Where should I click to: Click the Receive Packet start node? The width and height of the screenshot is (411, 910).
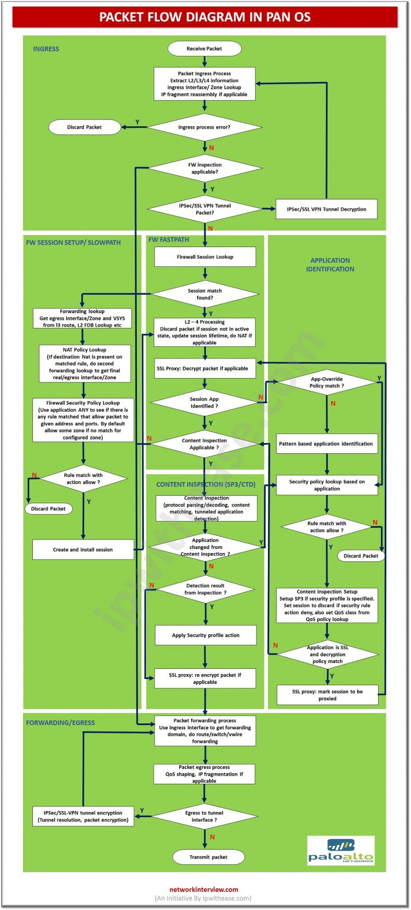pyautogui.click(x=204, y=48)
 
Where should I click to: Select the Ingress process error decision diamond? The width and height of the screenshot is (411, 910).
pyautogui.click(x=204, y=127)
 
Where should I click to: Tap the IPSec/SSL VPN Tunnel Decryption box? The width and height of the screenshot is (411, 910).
pyautogui.click(x=326, y=209)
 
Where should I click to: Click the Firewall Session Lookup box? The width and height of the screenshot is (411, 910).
pyautogui.click(x=205, y=257)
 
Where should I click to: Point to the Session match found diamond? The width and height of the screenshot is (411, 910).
pyautogui.click(x=205, y=294)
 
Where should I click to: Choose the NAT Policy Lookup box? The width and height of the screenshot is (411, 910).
pyautogui.click(x=84, y=363)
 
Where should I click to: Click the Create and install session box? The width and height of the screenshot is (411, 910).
pyautogui.click(x=83, y=550)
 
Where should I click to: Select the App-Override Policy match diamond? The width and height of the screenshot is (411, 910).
pyautogui.click(x=327, y=382)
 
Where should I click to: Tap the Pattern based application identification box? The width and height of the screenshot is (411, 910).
pyautogui.click(x=327, y=443)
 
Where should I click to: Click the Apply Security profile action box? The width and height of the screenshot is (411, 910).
pyautogui.click(x=205, y=635)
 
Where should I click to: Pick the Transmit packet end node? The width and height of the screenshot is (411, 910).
pyautogui.click(x=208, y=857)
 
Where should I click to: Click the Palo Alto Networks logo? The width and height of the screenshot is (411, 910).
pyautogui.click(x=341, y=850)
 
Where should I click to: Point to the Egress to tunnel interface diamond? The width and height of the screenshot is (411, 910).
pyautogui.click(x=204, y=816)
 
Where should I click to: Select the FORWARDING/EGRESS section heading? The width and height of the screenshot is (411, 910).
pyautogui.click(x=60, y=722)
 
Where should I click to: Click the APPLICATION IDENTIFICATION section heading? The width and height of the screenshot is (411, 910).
pyautogui.click(x=330, y=264)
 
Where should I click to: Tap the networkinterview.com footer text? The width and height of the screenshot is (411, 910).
pyautogui.click(x=204, y=889)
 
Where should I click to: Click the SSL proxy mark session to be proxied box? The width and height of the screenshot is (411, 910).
pyautogui.click(x=327, y=695)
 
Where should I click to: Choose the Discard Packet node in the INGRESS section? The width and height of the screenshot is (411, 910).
pyautogui.click(x=84, y=127)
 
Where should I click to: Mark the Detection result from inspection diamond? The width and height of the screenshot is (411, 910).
pyautogui.click(x=205, y=589)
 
